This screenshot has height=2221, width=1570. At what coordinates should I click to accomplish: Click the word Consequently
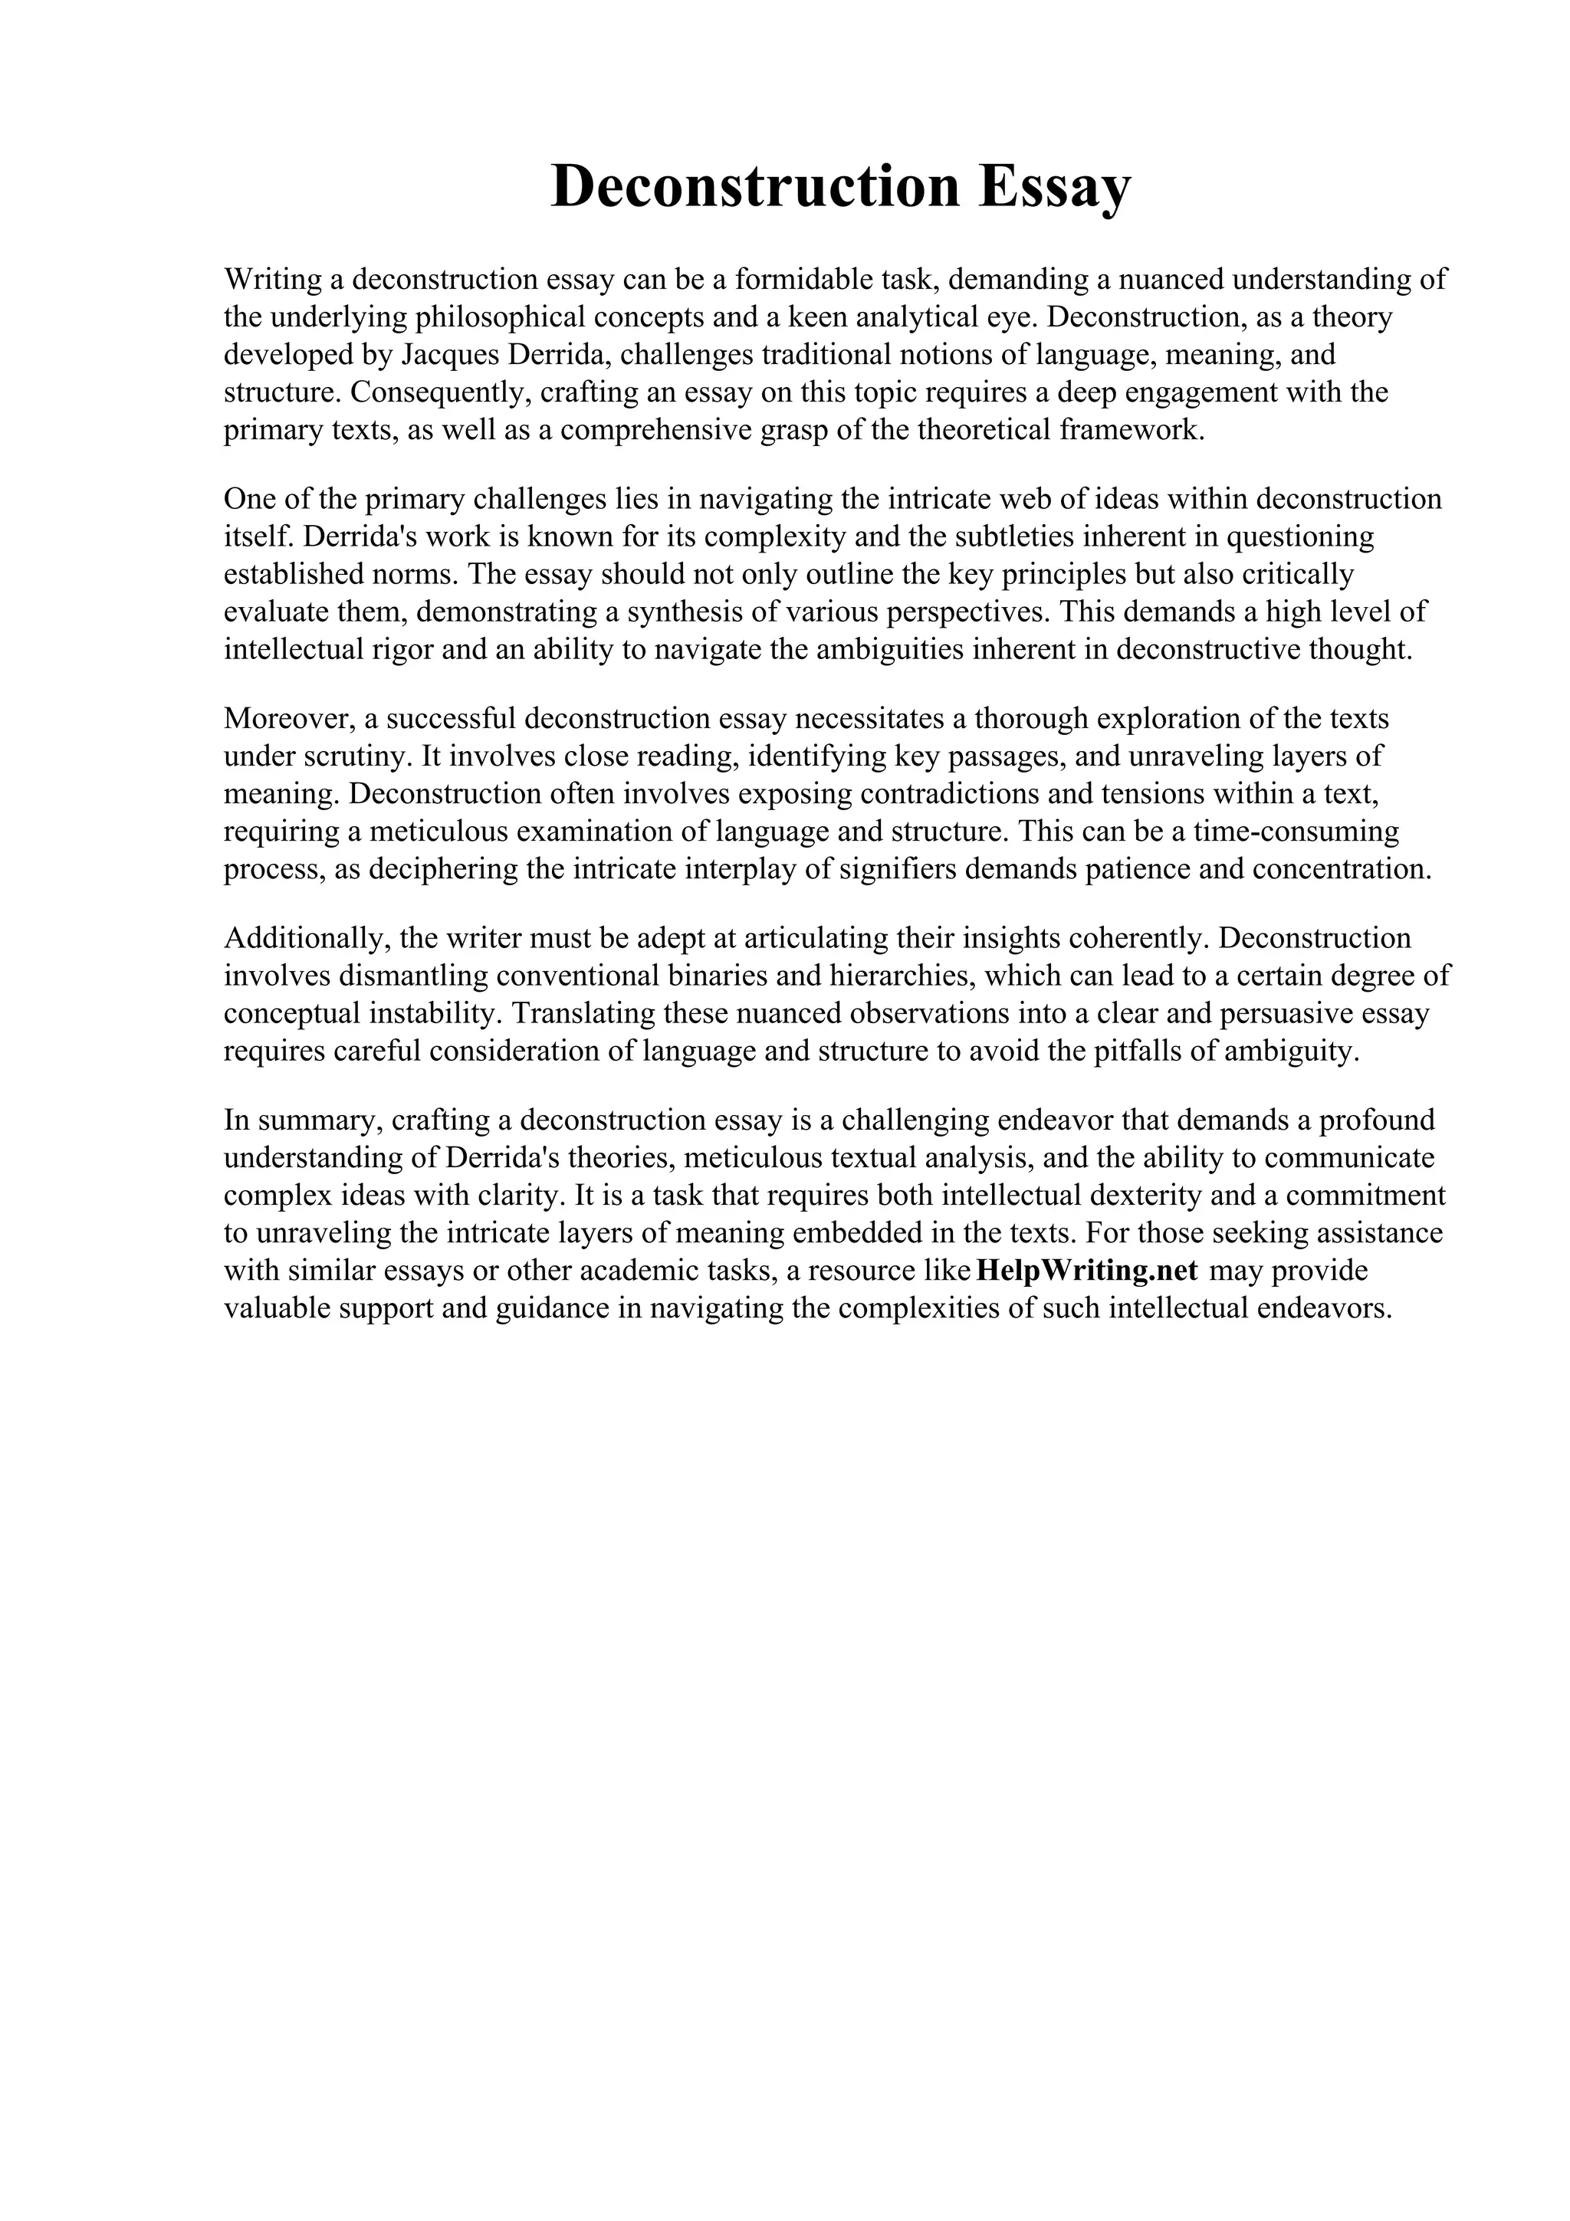(440, 392)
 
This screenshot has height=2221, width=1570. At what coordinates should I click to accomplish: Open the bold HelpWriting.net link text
(1087, 1271)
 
